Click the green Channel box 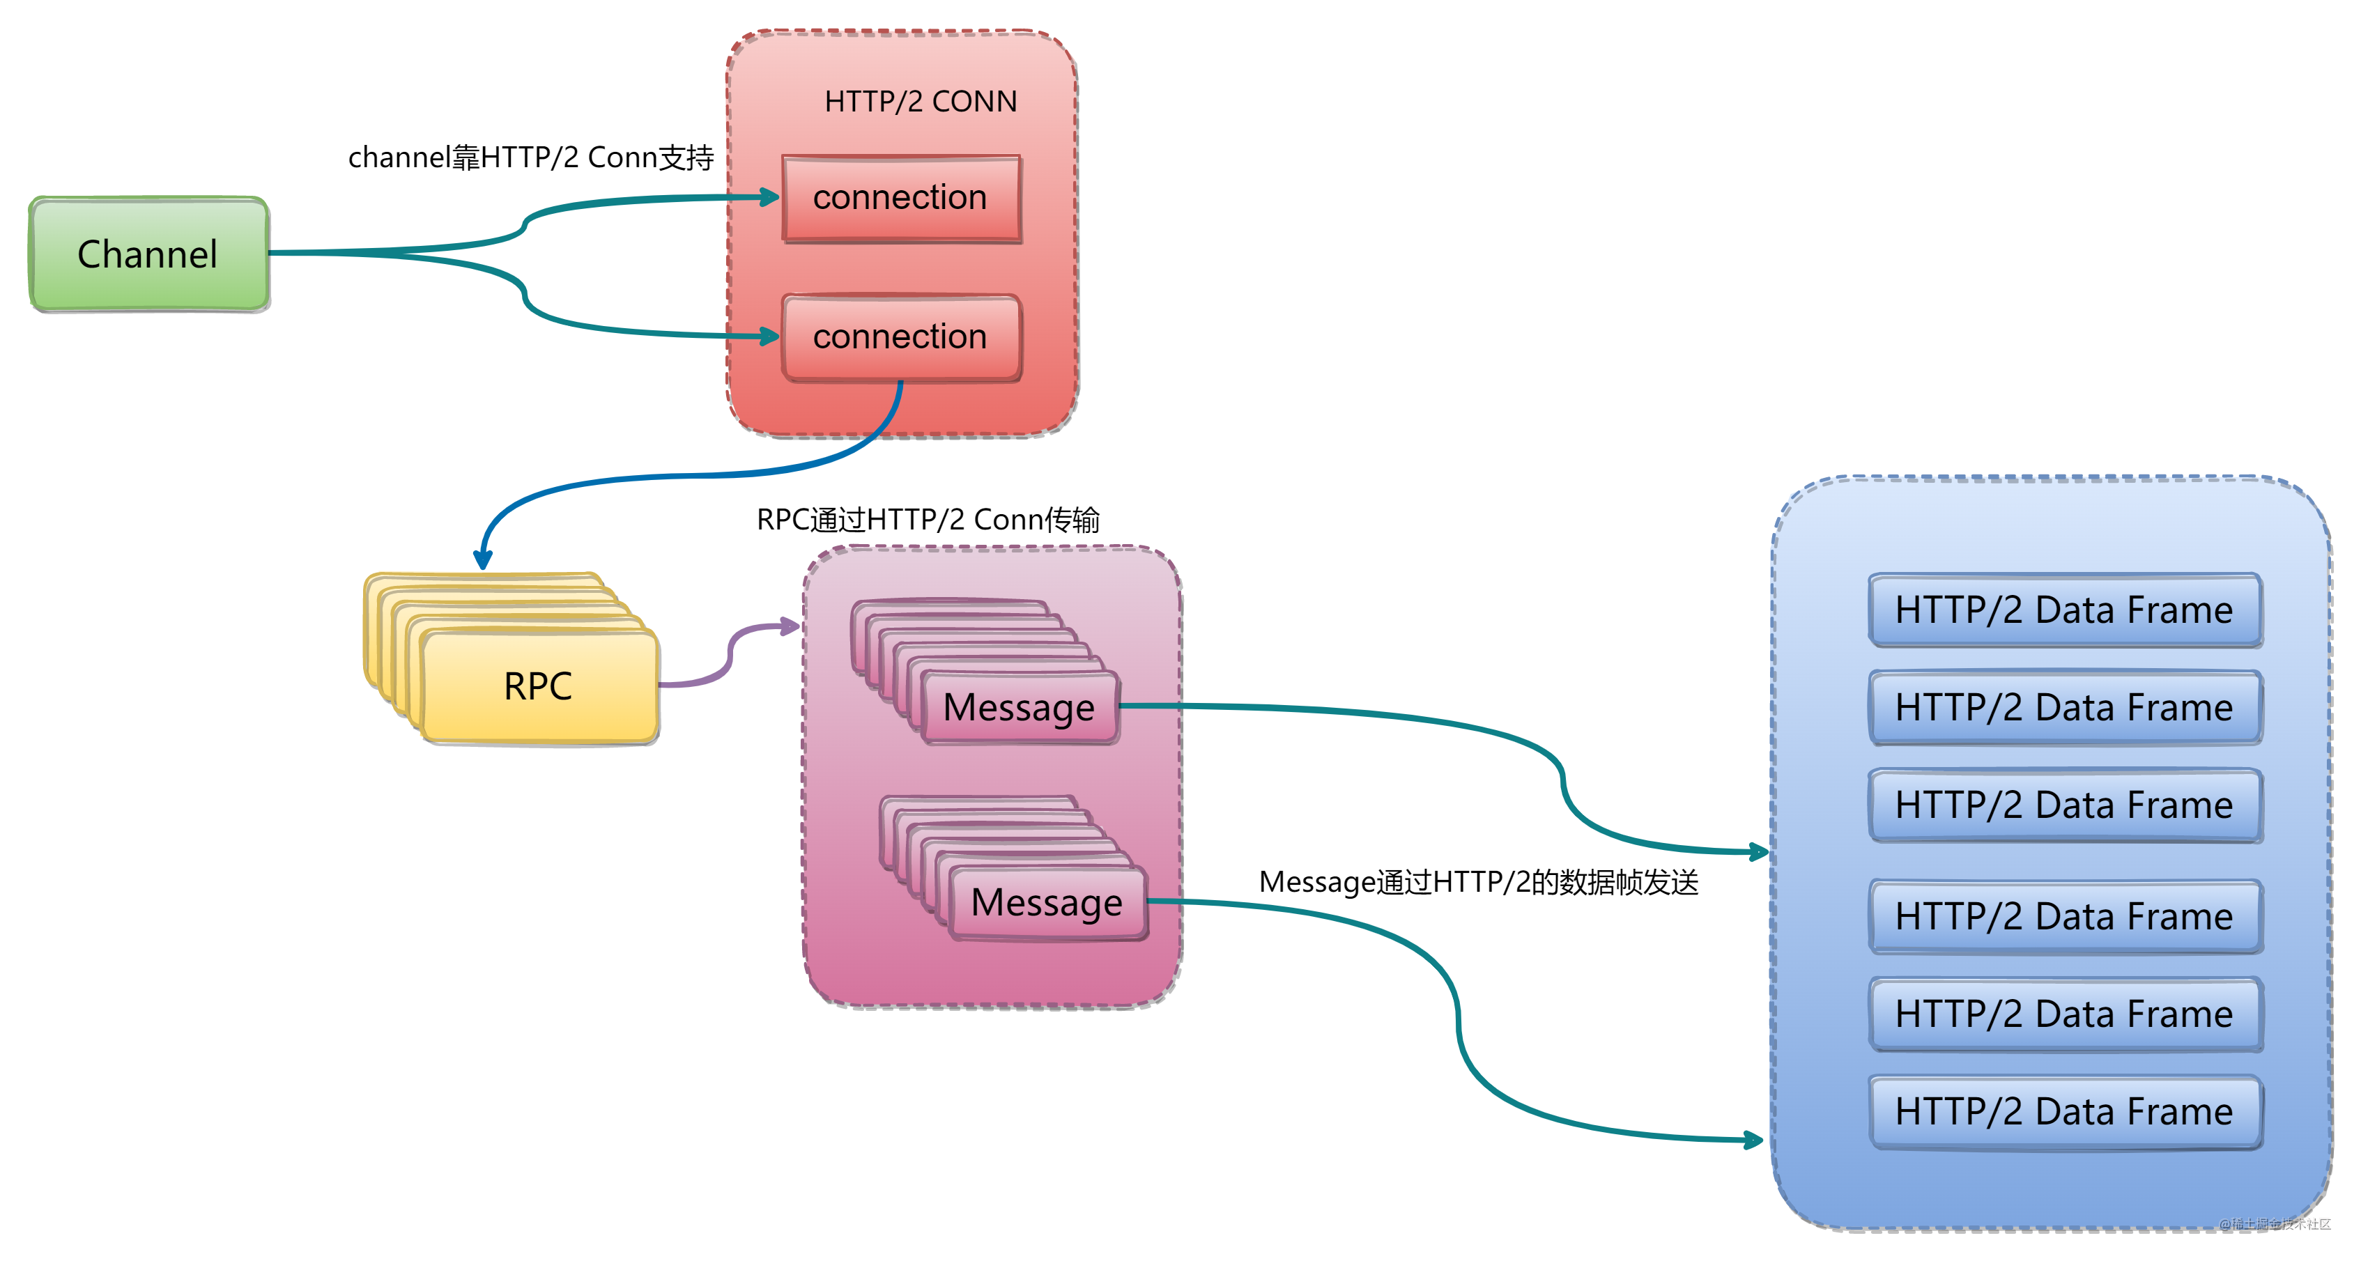[148, 254]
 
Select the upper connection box [901, 198]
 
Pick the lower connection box [901, 336]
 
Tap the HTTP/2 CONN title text [920, 101]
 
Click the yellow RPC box [539, 686]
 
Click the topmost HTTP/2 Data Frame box [2064, 610]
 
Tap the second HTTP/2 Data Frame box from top [2064, 707]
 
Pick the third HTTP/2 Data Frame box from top [2064, 805]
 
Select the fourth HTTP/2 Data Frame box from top [2064, 916]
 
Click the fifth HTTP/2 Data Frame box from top [2064, 1014]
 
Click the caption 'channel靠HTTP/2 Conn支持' [531, 157]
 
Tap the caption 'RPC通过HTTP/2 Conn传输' [928, 520]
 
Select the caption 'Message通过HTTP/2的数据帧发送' [1478, 881]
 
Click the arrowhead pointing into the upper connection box [770, 197]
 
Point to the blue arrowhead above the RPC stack [483, 559]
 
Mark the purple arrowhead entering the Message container [790, 627]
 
